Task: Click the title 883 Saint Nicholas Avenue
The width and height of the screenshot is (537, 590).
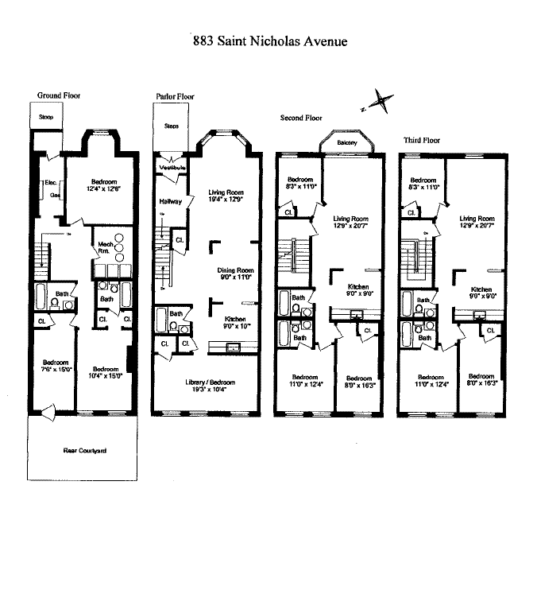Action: tap(270, 41)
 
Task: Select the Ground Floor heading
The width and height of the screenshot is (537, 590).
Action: tap(59, 95)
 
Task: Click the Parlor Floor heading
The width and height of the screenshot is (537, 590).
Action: tap(175, 96)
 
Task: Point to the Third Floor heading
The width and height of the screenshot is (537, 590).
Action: tap(421, 140)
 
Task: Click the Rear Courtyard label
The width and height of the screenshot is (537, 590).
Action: tap(85, 451)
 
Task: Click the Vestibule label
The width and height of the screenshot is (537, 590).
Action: tap(172, 169)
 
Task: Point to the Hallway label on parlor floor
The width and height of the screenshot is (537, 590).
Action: tap(172, 201)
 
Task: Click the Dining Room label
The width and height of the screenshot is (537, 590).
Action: tap(235, 270)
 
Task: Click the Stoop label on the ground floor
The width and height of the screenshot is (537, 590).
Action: tap(46, 117)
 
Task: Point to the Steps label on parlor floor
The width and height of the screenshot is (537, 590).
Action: tap(172, 126)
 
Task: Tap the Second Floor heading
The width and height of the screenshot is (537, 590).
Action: tap(301, 118)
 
